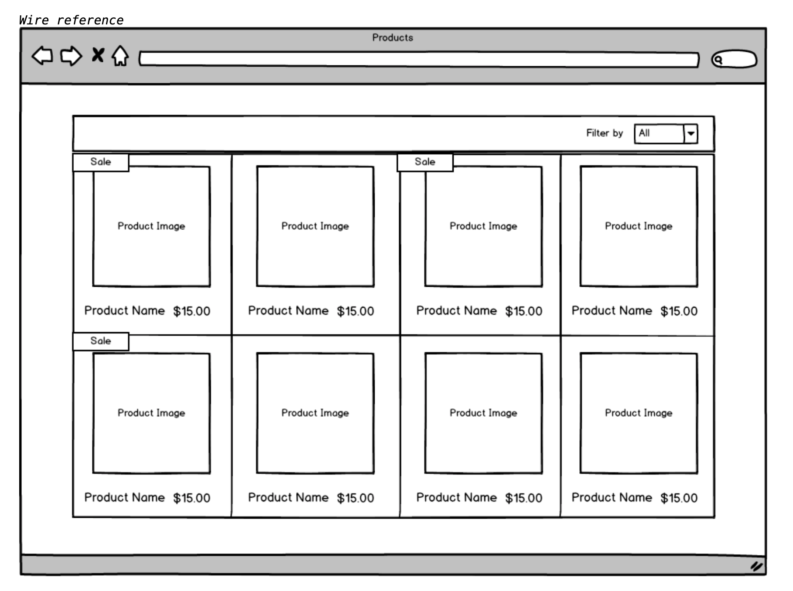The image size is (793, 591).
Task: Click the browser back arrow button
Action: [42, 56]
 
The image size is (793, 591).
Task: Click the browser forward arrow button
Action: [71, 56]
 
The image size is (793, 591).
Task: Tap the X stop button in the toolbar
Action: [98, 55]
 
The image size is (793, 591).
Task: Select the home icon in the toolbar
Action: [120, 56]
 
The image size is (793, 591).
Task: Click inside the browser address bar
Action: [419, 59]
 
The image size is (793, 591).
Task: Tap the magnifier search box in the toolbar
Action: [734, 59]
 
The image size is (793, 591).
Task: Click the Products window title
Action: [393, 37]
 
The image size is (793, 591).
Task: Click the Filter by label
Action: [605, 133]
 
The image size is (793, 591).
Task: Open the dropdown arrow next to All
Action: [691, 133]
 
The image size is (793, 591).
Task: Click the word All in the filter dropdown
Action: [644, 133]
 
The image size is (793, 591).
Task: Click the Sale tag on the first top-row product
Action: [101, 162]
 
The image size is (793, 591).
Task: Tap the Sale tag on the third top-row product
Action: [425, 162]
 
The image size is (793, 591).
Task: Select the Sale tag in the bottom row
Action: [101, 341]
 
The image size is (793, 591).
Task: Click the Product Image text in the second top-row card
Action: [315, 226]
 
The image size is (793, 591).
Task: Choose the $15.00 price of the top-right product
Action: [679, 311]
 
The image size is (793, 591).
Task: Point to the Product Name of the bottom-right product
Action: [612, 497]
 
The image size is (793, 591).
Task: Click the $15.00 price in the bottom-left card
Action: [191, 498]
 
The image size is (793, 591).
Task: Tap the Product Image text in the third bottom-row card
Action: [483, 413]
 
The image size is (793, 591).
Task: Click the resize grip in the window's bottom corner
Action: [756, 566]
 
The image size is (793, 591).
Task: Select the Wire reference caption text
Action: [71, 20]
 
